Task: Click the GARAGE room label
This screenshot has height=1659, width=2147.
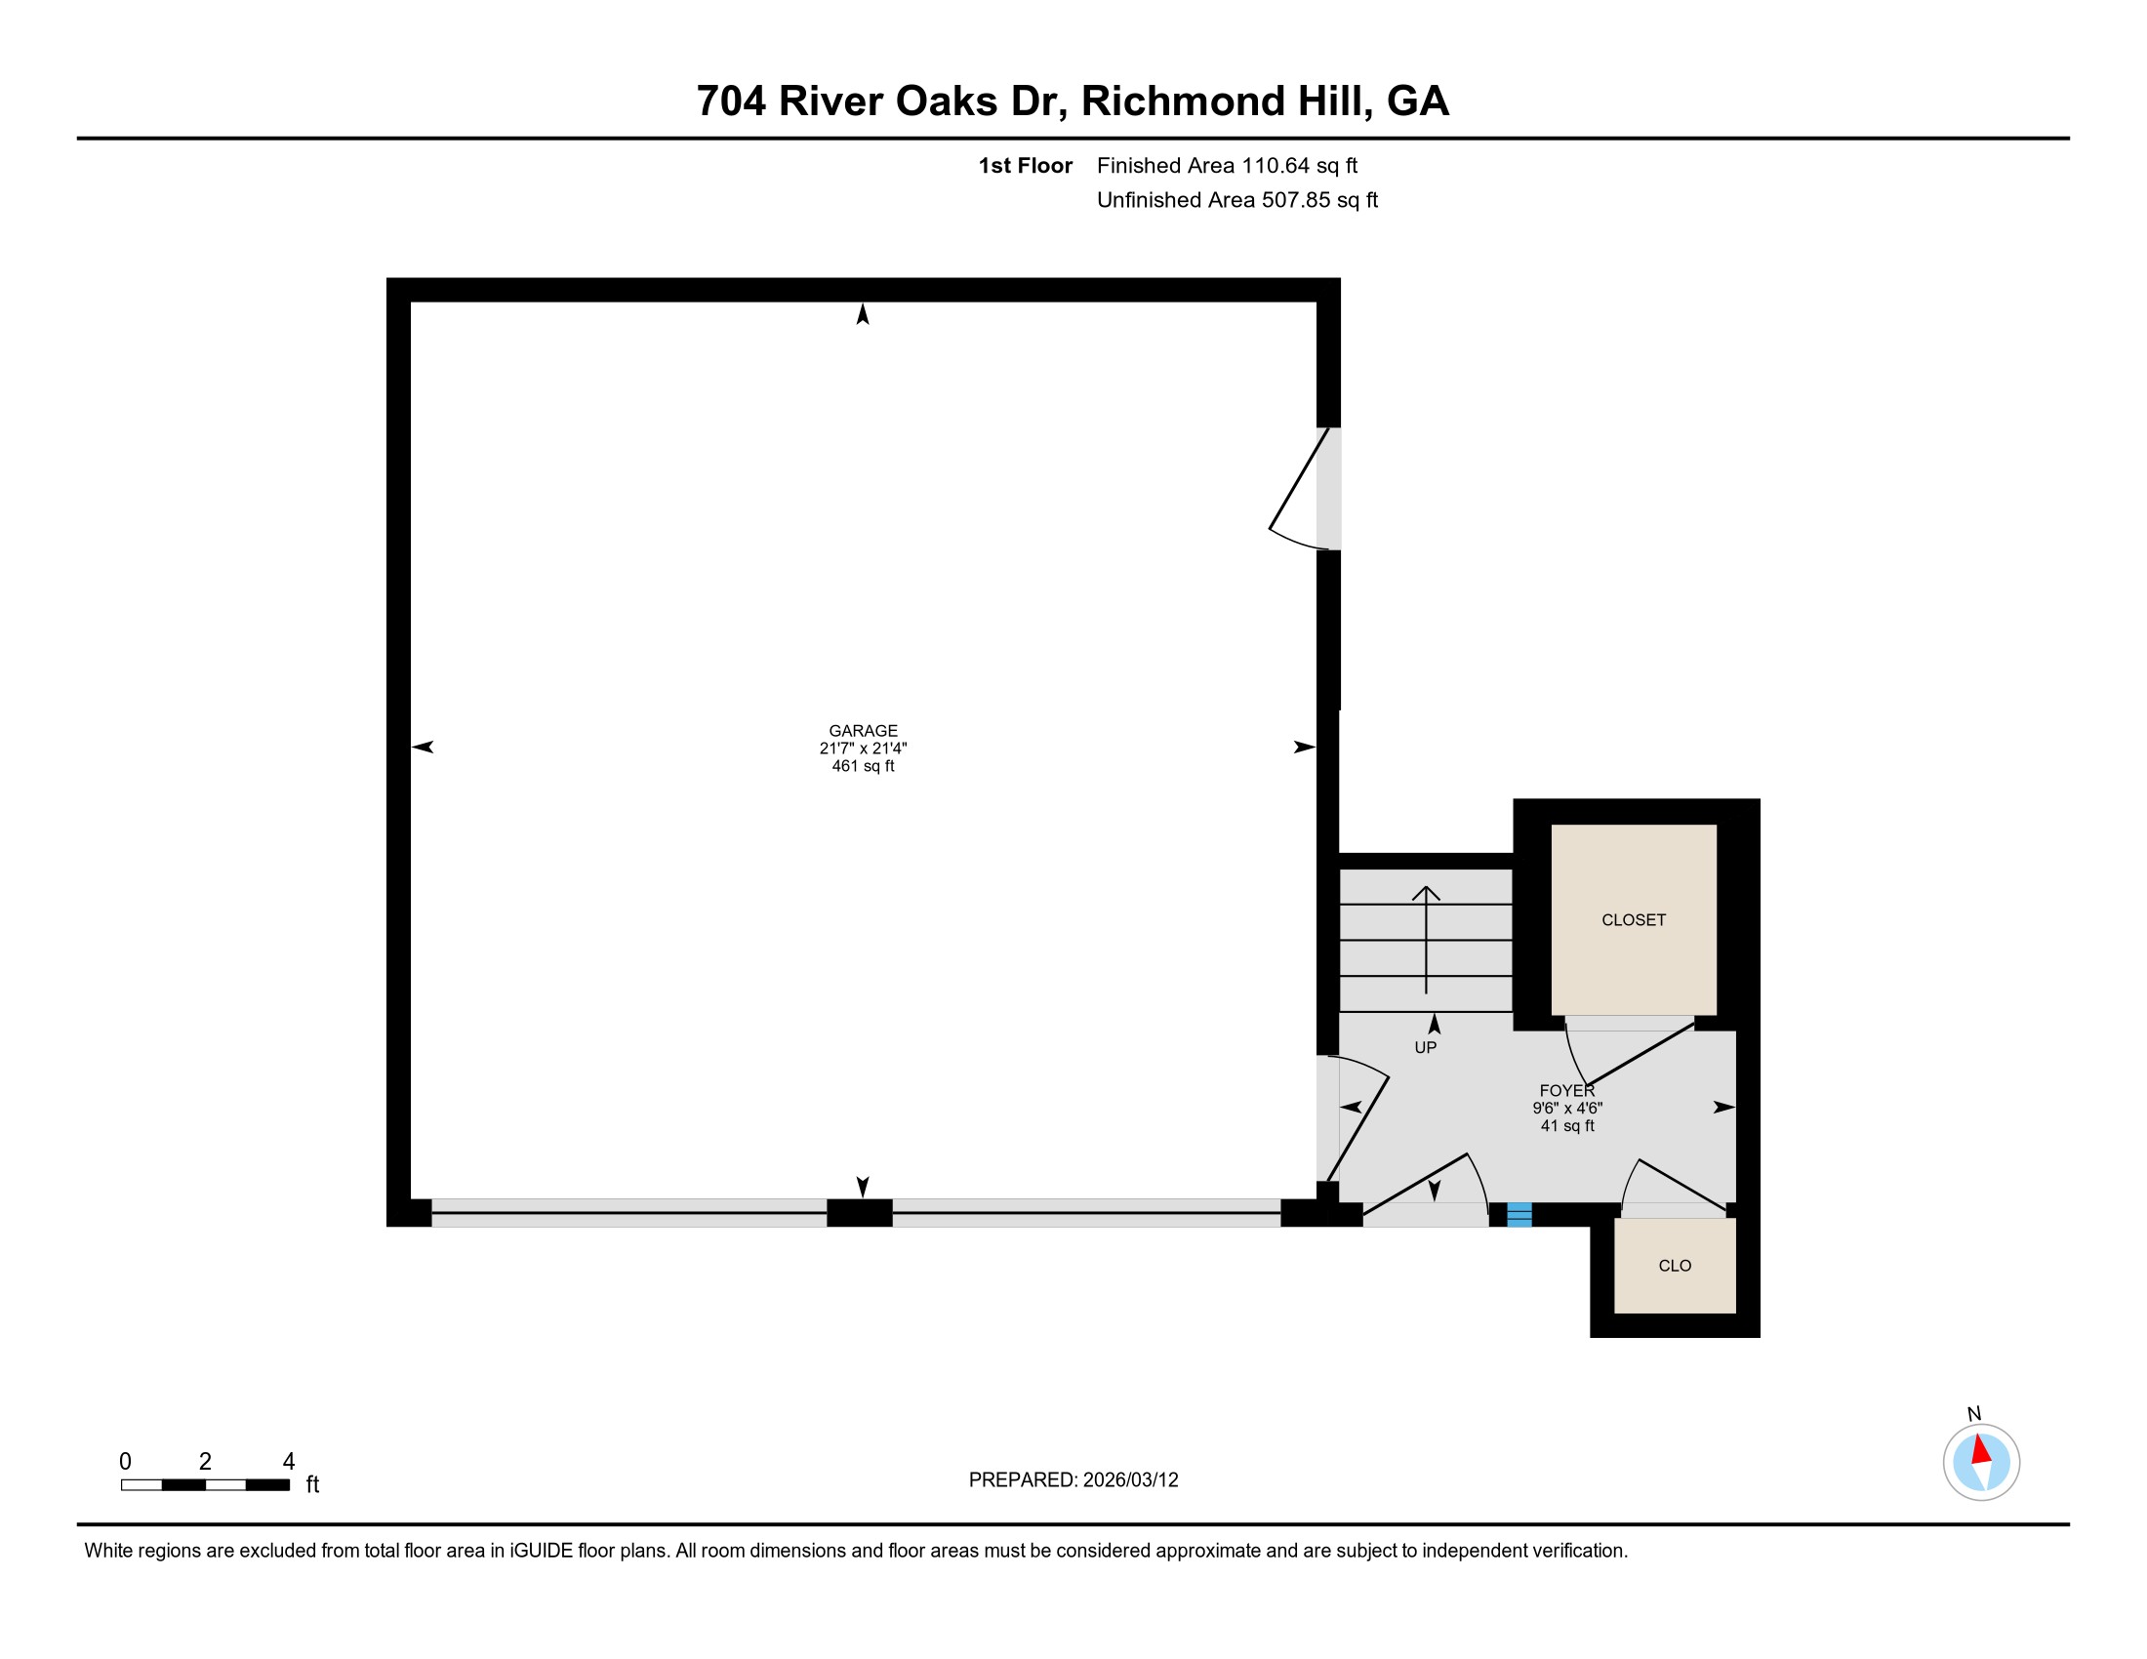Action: click(863, 730)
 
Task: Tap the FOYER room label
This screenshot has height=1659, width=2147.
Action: click(1567, 1091)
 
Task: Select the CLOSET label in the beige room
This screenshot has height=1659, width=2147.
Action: click(1634, 920)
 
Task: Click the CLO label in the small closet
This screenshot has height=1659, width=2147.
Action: click(1675, 1266)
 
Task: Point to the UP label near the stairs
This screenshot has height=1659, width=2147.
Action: click(1426, 1048)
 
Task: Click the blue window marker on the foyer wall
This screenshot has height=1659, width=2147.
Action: click(1519, 1215)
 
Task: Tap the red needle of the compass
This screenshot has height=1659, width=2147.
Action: click(1981, 1449)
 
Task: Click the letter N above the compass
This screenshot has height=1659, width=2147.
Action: click(1974, 1414)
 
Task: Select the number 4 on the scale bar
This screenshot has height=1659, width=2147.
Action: click(289, 1462)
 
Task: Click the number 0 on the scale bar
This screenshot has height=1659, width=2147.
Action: click(125, 1462)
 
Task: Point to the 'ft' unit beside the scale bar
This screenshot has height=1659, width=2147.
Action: click(312, 1484)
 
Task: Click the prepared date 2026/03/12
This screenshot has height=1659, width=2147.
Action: click(1130, 1480)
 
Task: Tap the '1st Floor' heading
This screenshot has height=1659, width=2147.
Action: click(1026, 166)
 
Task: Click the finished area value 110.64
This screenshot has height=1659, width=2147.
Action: click(1276, 166)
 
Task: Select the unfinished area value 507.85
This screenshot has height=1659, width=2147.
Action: click(1297, 200)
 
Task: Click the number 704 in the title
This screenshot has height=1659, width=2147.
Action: click(731, 101)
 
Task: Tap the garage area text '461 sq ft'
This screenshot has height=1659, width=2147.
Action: click(863, 766)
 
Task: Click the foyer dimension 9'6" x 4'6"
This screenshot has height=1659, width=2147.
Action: click(1567, 1108)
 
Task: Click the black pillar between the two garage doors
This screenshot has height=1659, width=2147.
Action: click(859, 1213)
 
